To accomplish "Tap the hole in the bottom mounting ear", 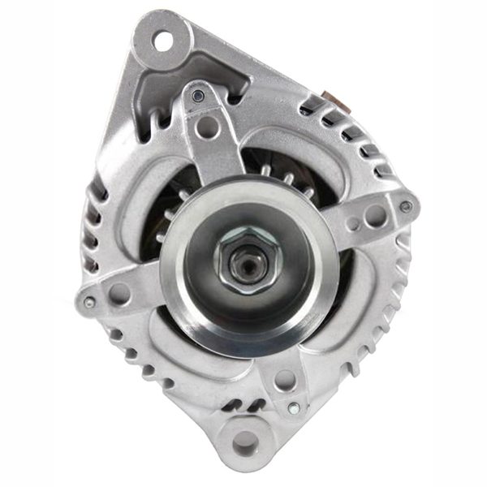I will coord(244,443).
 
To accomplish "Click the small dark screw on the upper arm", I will coord(197,97).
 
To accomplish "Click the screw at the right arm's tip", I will coord(405,206).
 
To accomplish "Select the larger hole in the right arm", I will coord(376,215).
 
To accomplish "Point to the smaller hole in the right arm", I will coord(353,224).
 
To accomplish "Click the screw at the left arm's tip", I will coord(89,302).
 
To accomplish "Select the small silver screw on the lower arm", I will coord(294,407).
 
